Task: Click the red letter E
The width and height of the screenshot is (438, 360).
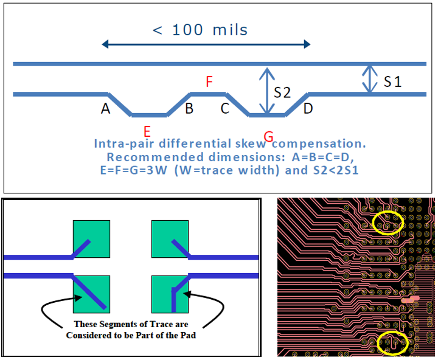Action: click(x=147, y=131)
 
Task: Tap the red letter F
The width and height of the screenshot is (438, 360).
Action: click(x=209, y=81)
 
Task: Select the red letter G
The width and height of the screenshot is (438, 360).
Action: click(x=268, y=137)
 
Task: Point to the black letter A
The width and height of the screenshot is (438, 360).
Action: click(x=106, y=108)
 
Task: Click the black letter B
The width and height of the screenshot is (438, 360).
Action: click(x=189, y=108)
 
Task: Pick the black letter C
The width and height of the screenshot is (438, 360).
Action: click(x=225, y=108)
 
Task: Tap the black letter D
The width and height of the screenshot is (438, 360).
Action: click(x=308, y=108)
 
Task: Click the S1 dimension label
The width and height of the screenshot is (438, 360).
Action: click(x=392, y=81)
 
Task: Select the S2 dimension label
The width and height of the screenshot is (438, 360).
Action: click(x=282, y=92)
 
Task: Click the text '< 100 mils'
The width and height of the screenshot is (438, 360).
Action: click(x=200, y=30)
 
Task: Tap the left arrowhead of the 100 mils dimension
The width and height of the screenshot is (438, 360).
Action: click(x=105, y=44)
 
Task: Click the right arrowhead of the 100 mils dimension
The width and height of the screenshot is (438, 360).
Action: click(x=307, y=44)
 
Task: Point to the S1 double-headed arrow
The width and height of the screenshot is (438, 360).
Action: click(x=370, y=79)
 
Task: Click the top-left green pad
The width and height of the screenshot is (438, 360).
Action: click(x=92, y=239)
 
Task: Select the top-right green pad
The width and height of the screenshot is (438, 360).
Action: click(x=170, y=239)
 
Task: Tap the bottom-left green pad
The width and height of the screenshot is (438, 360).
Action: click(x=92, y=294)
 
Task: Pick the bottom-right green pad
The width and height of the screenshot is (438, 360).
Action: click(x=170, y=294)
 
